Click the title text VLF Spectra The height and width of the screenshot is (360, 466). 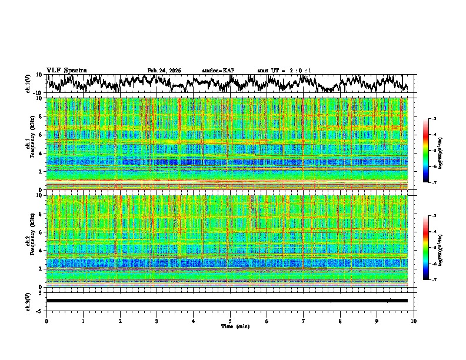66,71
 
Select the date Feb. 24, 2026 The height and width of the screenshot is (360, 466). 164,71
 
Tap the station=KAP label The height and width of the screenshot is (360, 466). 218,71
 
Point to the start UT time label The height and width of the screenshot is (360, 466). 284,71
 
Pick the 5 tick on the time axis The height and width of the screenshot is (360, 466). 230,321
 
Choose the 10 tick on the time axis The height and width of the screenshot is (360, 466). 414,321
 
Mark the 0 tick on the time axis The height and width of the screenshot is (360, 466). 46,321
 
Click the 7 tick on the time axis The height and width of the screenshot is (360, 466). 304,321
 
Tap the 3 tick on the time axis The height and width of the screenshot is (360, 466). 157,321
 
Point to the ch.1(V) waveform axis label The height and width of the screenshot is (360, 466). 29,84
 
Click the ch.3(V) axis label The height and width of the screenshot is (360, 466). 29,301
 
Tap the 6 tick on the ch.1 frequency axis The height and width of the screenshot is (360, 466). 41,135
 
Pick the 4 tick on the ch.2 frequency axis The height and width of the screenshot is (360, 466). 41,250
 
